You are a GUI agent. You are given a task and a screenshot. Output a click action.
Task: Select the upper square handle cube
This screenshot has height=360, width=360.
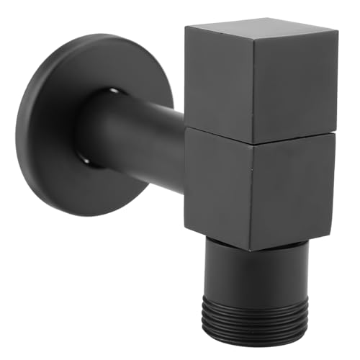click(259, 79)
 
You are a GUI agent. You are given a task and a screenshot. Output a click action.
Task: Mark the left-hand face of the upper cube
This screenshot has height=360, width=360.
click(216, 79)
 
